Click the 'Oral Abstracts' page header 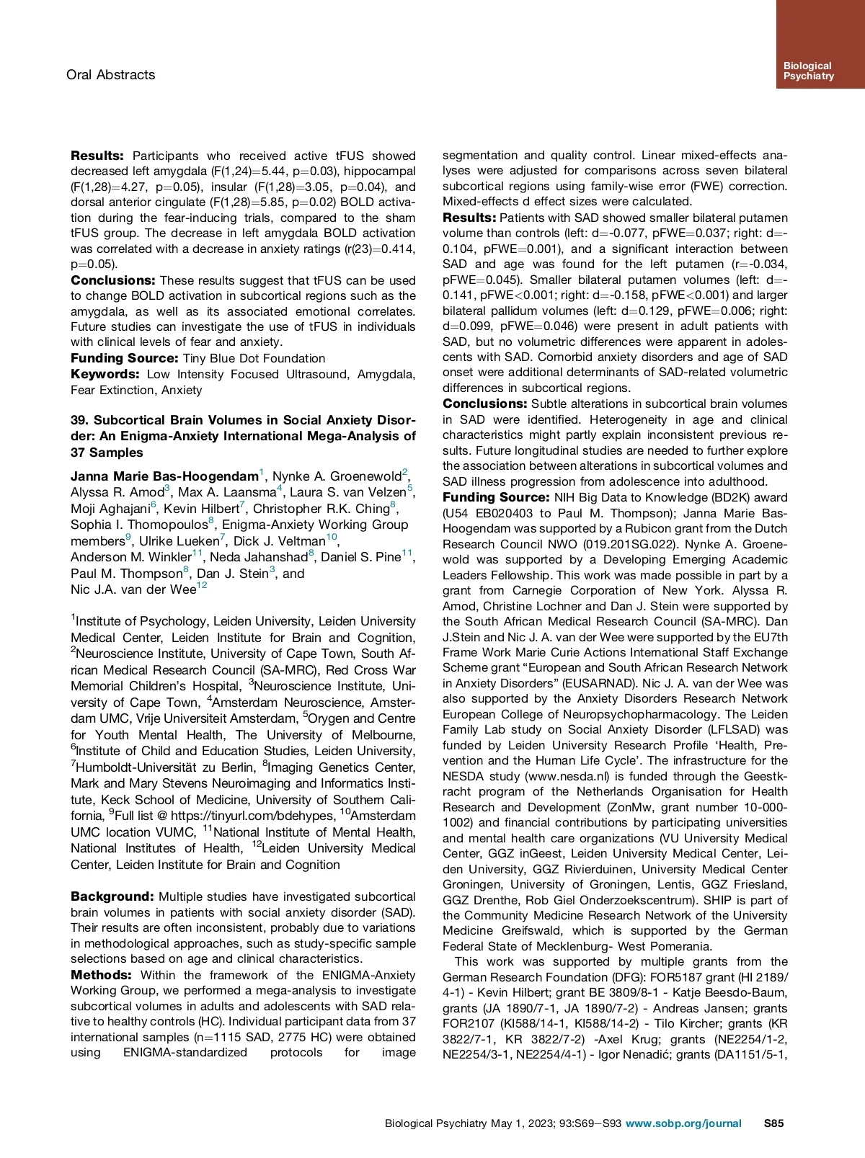tap(110, 75)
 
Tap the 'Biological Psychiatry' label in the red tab tap(808, 71)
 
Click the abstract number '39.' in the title tap(79, 420)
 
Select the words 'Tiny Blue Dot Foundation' tap(254, 358)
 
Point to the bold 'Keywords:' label tap(105, 374)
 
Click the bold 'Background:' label tap(112, 896)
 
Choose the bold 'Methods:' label tap(101, 975)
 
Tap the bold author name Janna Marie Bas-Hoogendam tap(164, 476)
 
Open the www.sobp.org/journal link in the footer tap(683, 1123)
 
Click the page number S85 tap(773, 1123)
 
